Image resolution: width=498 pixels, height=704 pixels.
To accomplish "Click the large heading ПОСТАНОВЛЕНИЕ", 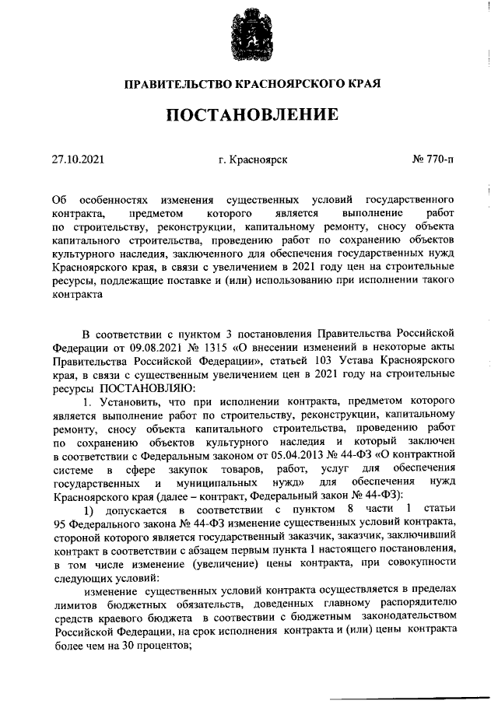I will [251, 115].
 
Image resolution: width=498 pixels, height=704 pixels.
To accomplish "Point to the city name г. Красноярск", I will [253, 159].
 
